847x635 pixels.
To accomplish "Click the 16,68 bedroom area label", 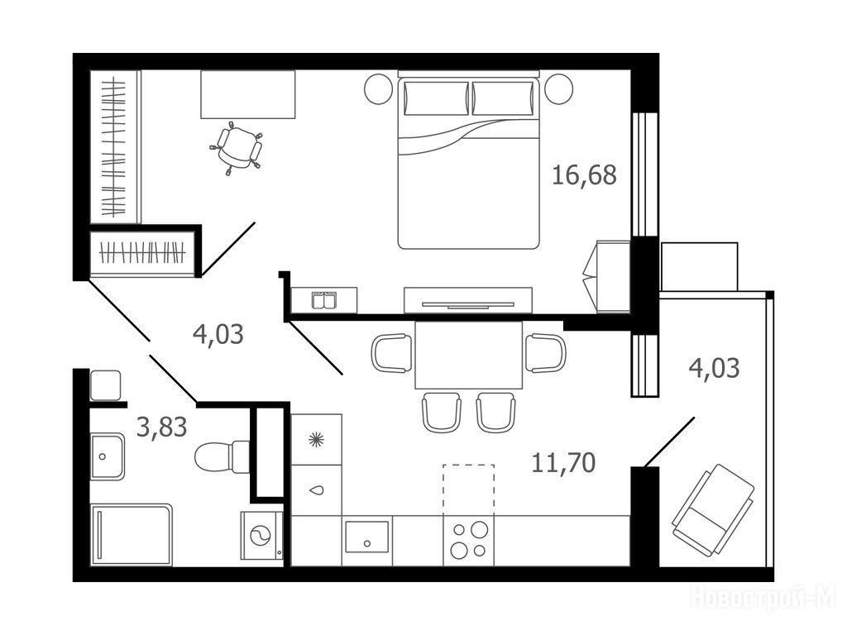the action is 584,175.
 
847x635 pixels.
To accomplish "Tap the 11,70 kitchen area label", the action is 563,463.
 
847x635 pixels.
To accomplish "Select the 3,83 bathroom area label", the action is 161,427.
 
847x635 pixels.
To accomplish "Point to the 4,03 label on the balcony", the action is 714,368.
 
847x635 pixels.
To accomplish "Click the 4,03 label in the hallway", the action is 218,334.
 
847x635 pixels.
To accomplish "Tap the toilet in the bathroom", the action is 222,456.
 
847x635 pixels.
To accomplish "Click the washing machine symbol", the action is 261,536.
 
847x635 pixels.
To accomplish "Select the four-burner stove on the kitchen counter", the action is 468,540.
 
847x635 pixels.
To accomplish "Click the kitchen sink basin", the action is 366,537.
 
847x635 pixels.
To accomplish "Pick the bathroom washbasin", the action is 108,456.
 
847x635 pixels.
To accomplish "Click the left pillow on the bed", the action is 436,98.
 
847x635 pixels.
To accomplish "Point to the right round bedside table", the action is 558,89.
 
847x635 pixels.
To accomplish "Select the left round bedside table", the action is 378,89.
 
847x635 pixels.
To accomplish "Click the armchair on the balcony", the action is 713,510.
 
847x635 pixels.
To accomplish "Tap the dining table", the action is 469,355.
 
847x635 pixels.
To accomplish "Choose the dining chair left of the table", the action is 391,353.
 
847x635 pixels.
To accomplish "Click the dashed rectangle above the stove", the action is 468,489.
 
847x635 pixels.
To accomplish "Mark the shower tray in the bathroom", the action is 132,535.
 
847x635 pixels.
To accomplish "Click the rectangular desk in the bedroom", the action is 248,94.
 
